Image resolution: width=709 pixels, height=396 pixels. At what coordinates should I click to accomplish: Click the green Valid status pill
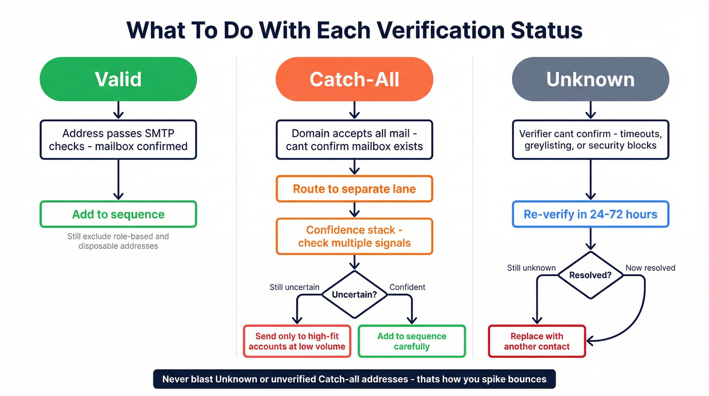(118, 79)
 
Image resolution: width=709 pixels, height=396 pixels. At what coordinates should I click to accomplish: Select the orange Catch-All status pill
(354, 79)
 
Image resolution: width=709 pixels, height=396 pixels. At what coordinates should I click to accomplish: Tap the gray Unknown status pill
(590, 79)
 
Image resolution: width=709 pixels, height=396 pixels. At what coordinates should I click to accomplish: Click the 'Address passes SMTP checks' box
(118, 140)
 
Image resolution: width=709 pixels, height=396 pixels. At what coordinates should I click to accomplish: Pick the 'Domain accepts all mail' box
(354, 140)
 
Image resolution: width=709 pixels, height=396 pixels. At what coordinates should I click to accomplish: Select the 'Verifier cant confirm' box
(590, 140)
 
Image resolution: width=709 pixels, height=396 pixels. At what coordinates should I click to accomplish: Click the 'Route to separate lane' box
(354, 189)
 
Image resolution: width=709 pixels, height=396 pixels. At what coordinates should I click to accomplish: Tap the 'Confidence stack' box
(354, 236)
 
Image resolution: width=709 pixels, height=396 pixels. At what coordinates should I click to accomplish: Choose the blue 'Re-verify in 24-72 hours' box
(590, 214)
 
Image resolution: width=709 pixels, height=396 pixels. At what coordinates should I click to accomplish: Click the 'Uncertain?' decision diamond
(354, 294)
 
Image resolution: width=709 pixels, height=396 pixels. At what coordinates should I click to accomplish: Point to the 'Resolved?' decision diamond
(590, 275)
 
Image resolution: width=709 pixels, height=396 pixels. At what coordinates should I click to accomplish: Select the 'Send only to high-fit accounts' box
(297, 341)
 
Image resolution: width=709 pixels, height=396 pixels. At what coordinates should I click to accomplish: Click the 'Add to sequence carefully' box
(411, 341)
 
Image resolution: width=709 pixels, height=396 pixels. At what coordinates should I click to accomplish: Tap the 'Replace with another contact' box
(537, 341)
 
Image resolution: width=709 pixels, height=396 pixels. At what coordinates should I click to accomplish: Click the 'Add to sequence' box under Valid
(118, 214)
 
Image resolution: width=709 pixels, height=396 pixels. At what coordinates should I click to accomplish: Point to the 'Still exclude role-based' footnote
(118, 241)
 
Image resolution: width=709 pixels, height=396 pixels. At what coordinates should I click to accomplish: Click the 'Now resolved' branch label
(650, 268)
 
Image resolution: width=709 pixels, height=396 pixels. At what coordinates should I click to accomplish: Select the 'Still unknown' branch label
(531, 268)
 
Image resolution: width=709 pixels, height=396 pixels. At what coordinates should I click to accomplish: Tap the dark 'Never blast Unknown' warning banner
(354, 379)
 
